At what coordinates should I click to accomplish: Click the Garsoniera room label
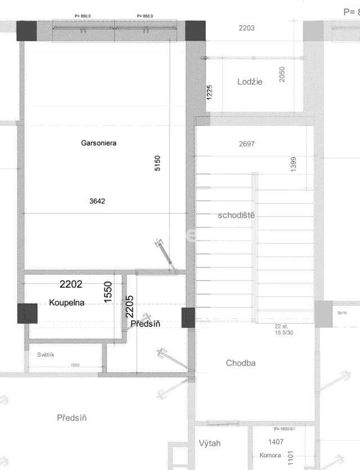pos(98,144)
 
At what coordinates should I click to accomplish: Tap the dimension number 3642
pos(97,201)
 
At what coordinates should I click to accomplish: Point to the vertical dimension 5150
pos(158,163)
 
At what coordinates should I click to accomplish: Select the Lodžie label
pos(250,82)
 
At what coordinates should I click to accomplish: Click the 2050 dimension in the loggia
pos(282,74)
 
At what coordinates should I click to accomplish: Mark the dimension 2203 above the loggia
pos(246,28)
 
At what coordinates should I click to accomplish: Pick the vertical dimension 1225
pos(209,92)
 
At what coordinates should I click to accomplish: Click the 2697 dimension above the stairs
pos(246,144)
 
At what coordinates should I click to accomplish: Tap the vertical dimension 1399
pos(294,164)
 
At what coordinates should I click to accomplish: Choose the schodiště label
pos(237,216)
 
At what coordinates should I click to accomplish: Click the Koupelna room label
pos(66,303)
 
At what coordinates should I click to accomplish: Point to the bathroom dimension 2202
pos(71,285)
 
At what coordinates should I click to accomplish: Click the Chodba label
pos(241,363)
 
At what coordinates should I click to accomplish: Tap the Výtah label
pos(210,444)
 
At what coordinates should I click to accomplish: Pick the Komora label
pos(270,455)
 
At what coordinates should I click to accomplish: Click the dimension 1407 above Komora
pos(276,442)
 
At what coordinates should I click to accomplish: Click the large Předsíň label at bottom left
pos(72,418)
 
